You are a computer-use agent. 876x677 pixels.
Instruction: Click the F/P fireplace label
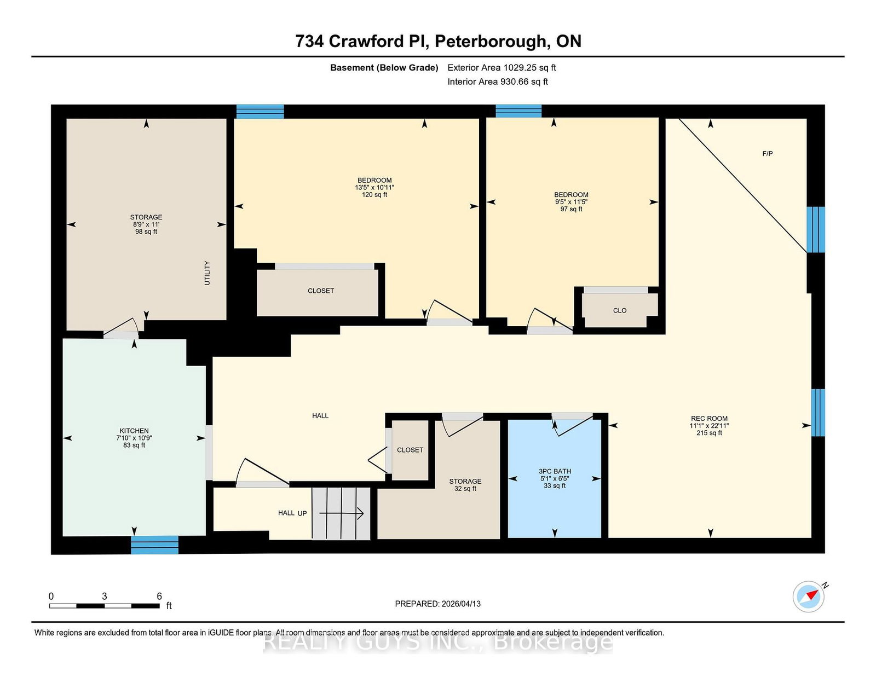(x=767, y=154)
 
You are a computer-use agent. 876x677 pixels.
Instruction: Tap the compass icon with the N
(x=809, y=597)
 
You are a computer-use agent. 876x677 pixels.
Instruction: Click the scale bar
(x=104, y=605)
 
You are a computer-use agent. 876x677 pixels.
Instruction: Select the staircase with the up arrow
(x=341, y=513)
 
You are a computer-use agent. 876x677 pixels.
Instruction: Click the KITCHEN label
(x=134, y=431)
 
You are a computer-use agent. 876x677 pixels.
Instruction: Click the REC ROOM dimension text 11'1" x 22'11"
(x=709, y=426)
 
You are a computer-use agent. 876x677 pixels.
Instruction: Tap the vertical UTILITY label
(x=207, y=273)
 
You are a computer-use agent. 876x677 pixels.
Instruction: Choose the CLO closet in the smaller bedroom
(x=619, y=310)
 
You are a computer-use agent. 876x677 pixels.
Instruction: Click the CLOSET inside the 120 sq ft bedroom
(x=320, y=291)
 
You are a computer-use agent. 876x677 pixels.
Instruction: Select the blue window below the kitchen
(x=154, y=545)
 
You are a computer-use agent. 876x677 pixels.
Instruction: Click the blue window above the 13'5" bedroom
(x=260, y=112)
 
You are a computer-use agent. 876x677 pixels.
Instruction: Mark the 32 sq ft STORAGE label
(x=465, y=485)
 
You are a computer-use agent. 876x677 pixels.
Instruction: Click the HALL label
(x=320, y=416)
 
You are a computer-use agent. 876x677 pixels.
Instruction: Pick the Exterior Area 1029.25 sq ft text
(x=502, y=68)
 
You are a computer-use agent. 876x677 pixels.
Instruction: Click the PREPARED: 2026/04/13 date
(x=437, y=604)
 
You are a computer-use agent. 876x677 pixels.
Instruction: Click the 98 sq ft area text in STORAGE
(x=146, y=232)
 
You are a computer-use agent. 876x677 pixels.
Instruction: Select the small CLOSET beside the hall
(x=410, y=450)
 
